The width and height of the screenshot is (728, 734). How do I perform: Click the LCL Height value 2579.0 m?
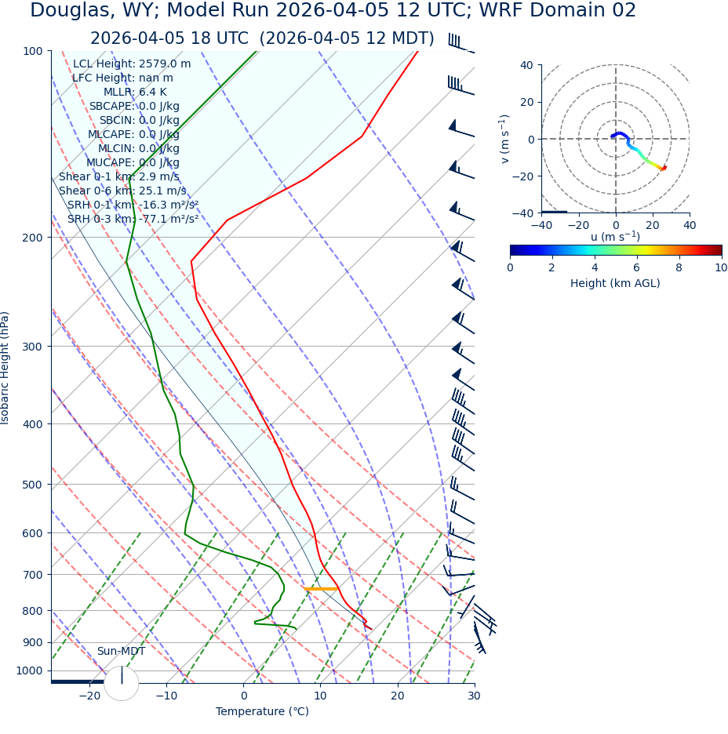[165, 64]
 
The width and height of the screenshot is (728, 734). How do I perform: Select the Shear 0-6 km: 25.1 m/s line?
[122, 191]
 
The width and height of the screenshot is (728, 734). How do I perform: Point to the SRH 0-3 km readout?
[133, 220]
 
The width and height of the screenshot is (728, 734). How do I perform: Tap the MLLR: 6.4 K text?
[135, 93]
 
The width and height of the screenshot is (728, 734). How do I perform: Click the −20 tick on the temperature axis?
[89, 696]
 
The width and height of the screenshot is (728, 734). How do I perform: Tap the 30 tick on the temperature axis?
[474, 696]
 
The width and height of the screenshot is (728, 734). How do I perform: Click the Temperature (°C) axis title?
[262, 712]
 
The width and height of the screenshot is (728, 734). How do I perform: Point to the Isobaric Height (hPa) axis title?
[5, 368]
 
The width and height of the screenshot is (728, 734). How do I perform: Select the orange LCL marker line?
[320, 588]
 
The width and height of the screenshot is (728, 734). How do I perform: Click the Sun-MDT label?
[121, 652]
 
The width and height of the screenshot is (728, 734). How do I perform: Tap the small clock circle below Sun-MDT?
[121, 683]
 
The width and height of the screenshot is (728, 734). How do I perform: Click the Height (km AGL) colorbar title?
[615, 283]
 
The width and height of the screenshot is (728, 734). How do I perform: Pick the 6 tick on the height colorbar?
[636, 267]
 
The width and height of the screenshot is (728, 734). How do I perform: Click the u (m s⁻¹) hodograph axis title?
[615, 237]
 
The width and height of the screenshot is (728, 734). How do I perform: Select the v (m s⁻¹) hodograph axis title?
[505, 139]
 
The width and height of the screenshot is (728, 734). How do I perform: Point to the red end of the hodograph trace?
[664, 167]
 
